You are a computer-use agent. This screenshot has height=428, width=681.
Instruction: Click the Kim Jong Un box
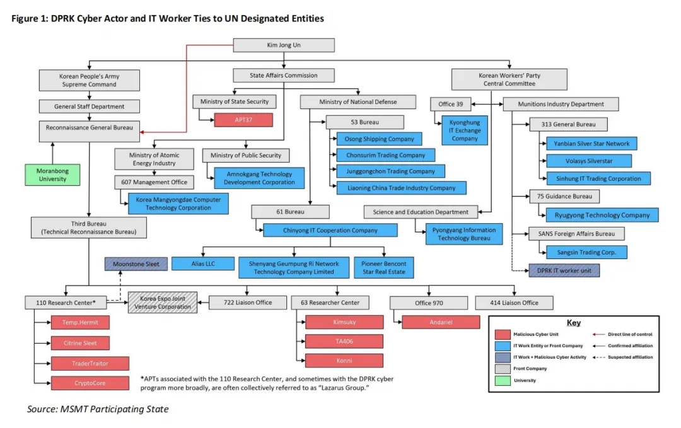coord(284,45)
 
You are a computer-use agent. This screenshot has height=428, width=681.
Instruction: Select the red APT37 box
coord(243,120)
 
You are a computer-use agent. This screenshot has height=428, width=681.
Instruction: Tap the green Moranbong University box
coord(53,175)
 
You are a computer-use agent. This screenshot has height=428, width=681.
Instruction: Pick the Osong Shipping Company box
coord(380,139)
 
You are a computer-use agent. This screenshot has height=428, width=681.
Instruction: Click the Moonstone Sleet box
coord(136,264)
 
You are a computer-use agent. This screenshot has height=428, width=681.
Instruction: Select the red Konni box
coord(344,361)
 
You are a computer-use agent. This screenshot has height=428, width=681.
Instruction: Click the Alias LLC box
coord(202,263)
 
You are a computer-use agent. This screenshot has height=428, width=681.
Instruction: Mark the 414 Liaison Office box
coord(515,303)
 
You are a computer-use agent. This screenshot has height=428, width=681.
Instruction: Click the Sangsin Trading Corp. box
coord(586,252)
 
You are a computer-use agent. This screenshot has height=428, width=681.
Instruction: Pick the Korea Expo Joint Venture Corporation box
coord(163,303)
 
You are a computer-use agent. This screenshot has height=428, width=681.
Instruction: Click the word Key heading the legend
coord(574,323)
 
